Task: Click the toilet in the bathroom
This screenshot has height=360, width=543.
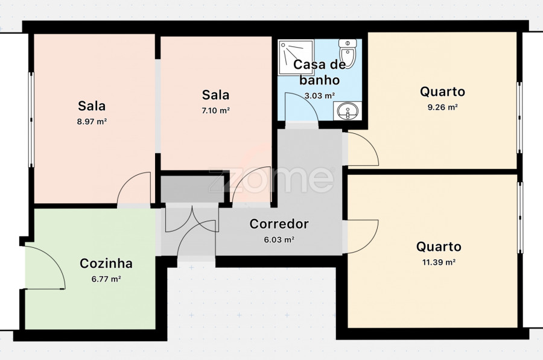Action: tap(348, 53)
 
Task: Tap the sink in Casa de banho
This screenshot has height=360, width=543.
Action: tap(348, 111)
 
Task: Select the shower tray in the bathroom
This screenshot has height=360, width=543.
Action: tap(296, 57)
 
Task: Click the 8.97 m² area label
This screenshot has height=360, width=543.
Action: tap(92, 121)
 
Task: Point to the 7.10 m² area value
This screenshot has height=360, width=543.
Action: tap(216, 111)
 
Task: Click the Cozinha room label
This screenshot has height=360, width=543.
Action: tap(106, 264)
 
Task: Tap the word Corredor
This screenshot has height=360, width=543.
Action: tap(279, 224)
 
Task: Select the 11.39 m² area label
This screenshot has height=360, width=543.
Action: tap(439, 262)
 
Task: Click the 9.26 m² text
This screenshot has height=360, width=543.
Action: tap(443, 107)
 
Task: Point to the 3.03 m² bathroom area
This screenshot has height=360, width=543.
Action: tap(320, 95)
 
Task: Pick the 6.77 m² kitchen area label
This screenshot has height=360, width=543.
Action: tap(106, 279)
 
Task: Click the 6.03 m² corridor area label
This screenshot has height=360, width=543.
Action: tap(279, 239)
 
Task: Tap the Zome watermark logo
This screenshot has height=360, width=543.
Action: tap(271, 180)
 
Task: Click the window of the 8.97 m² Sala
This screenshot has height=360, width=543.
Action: tap(31, 120)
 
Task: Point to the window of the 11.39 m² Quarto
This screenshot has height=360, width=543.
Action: tap(520, 217)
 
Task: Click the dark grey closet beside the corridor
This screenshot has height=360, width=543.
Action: tap(192, 189)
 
